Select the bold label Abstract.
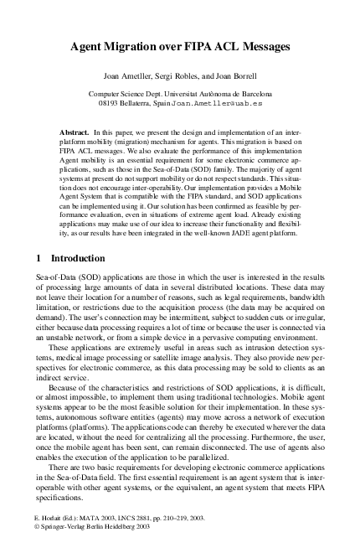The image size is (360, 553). (x=80, y=133)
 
